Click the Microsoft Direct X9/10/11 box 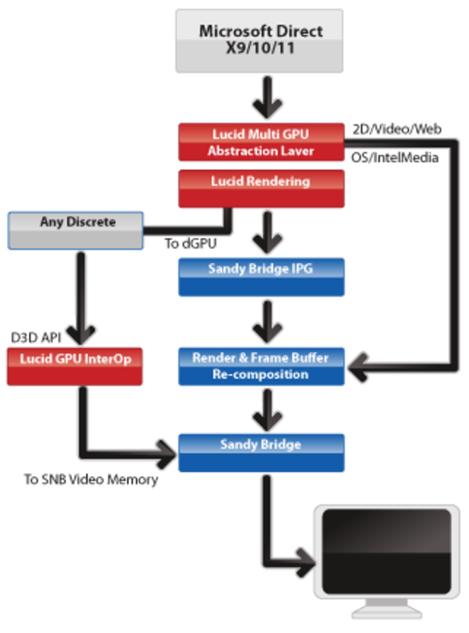click(259, 40)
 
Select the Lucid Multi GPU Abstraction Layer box click(261, 142)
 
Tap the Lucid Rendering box click(261, 189)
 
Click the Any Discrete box click(76, 230)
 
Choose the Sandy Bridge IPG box click(261, 277)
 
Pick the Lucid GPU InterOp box click(75, 366)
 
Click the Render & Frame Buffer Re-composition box click(261, 366)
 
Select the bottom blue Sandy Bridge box click(261, 452)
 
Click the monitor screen click(387, 552)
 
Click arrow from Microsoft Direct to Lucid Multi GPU click(268, 98)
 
